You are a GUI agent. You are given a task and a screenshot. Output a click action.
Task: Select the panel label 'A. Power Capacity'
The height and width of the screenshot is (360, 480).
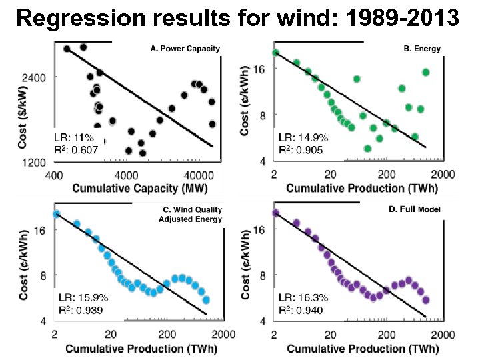tap(184, 49)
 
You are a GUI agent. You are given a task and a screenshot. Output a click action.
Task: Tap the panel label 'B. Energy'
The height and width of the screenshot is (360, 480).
tap(422, 49)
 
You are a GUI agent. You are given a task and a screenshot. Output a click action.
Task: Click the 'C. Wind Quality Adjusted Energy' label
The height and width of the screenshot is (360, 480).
tap(190, 214)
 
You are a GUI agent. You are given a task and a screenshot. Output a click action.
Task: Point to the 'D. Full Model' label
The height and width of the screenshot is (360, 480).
tap(414, 209)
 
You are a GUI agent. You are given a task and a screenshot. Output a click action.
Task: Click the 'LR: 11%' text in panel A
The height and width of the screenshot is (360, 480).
tap(74, 137)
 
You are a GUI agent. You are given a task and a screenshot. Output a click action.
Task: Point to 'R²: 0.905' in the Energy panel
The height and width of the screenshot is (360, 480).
tap(300, 150)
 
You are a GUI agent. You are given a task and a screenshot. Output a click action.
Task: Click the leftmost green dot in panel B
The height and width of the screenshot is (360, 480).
tap(275, 53)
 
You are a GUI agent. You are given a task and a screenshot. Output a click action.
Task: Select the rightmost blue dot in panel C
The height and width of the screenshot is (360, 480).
tap(206, 300)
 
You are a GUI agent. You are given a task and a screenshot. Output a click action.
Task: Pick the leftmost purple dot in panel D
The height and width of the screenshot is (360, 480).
tap(275, 213)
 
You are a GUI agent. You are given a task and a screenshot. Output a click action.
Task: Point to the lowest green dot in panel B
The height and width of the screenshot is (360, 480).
tap(367, 148)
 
